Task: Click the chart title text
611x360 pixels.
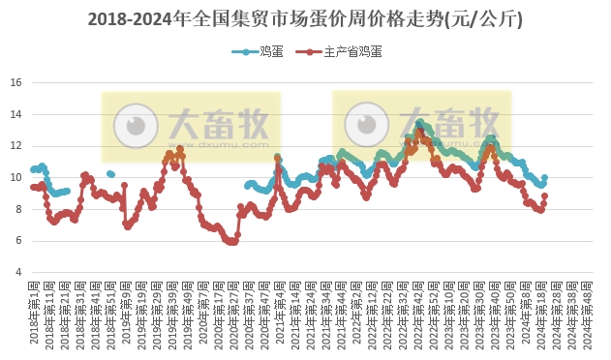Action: pos(305,18)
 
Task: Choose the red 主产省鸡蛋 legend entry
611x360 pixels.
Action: pos(340,50)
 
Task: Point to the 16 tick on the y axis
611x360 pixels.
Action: pos(15,82)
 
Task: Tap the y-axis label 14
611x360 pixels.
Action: pos(15,114)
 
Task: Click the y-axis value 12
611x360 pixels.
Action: pos(15,146)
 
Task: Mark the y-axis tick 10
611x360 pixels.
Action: pos(15,177)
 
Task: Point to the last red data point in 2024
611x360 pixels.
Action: pos(545,195)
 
